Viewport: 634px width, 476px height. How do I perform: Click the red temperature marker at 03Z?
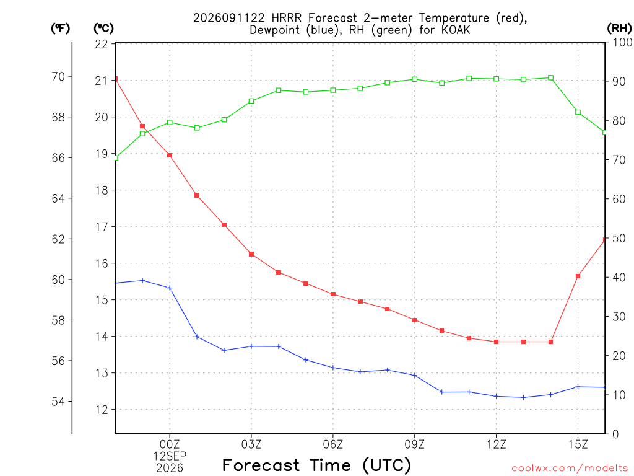[x=251, y=254]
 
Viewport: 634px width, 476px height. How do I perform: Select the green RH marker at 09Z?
[x=414, y=79]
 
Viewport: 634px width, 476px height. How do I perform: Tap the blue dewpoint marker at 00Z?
[x=170, y=288]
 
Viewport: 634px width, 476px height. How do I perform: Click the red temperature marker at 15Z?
[x=578, y=276]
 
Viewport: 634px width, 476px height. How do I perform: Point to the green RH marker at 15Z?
[x=578, y=112]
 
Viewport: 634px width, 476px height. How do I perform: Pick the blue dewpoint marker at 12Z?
[x=496, y=396]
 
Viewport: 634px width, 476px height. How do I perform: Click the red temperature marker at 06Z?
[x=332, y=294]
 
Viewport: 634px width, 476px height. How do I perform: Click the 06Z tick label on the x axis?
[x=332, y=444]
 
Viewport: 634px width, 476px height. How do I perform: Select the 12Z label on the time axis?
[x=496, y=444]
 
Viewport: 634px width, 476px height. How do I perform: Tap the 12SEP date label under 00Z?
[x=170, y=456]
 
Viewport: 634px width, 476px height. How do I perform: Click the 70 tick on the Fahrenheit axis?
[x=58, y=76]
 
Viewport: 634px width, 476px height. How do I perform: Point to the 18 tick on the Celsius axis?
[x=102, y=190]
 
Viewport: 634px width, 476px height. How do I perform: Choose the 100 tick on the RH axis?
[x=622, y=42]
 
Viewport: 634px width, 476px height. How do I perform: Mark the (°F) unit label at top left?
[x=60, y=29]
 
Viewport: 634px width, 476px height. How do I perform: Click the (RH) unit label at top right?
[x=619, y=29]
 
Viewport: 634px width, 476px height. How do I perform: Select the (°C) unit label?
[x=103, y=29]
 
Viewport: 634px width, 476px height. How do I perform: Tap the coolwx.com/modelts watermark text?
[x=570, y=468]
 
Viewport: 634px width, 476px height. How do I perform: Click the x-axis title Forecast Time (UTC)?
[x=316, y=465]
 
